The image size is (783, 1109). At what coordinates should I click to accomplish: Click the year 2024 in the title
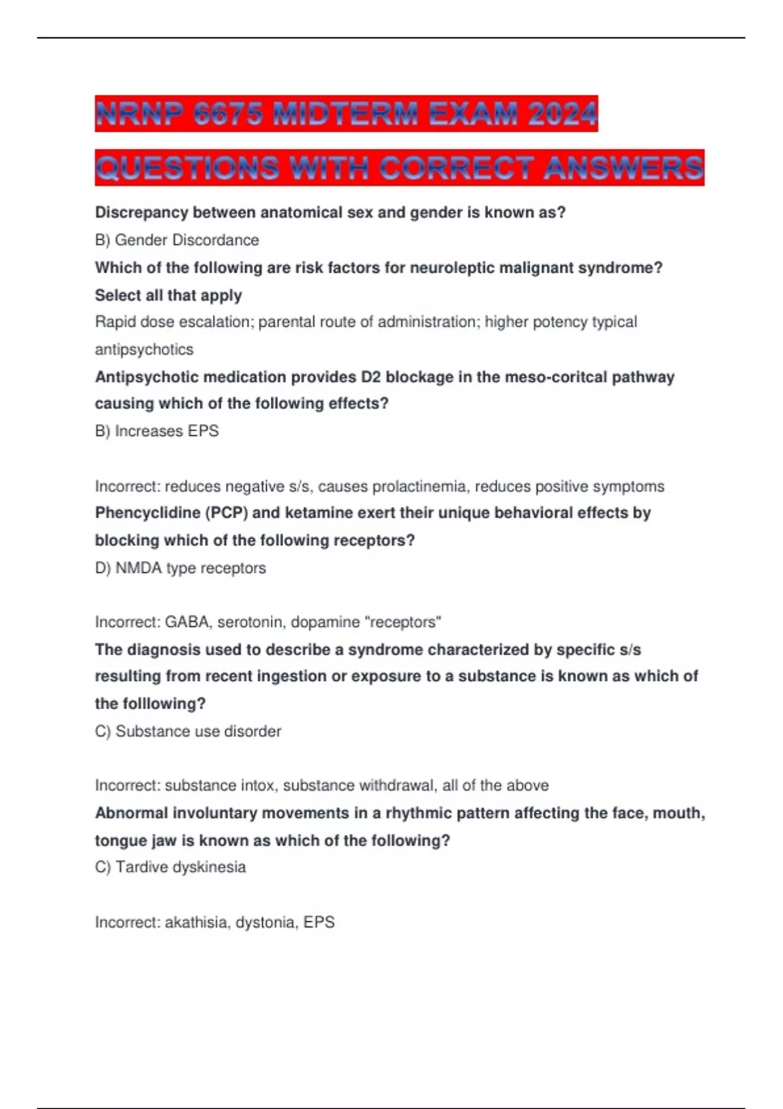pos(562,115)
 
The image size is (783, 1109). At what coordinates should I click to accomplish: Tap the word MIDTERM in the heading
pos(344,115)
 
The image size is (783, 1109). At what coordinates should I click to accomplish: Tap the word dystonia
pos(265,922)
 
